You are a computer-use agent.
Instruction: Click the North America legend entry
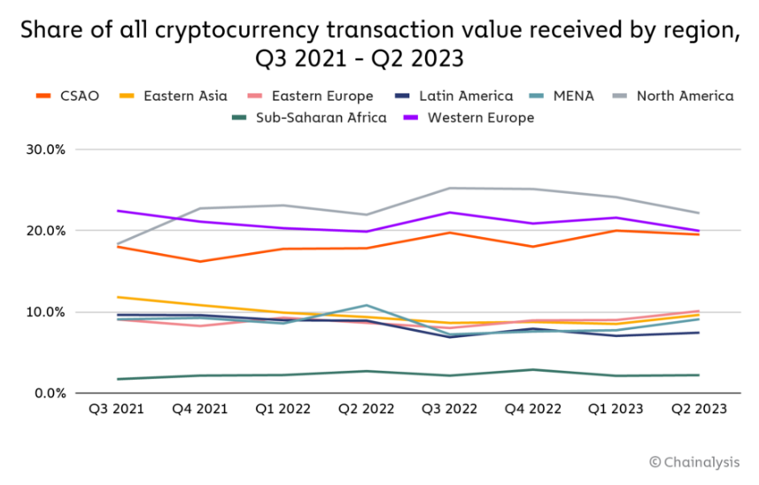[685, 96]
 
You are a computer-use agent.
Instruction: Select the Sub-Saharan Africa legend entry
[321, 117]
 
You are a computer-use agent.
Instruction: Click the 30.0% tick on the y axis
[46, 150]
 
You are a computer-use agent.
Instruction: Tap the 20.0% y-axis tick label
[46, 231]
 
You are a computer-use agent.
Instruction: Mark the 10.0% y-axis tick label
[46, 312]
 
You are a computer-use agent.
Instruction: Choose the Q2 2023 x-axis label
[699, 410]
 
